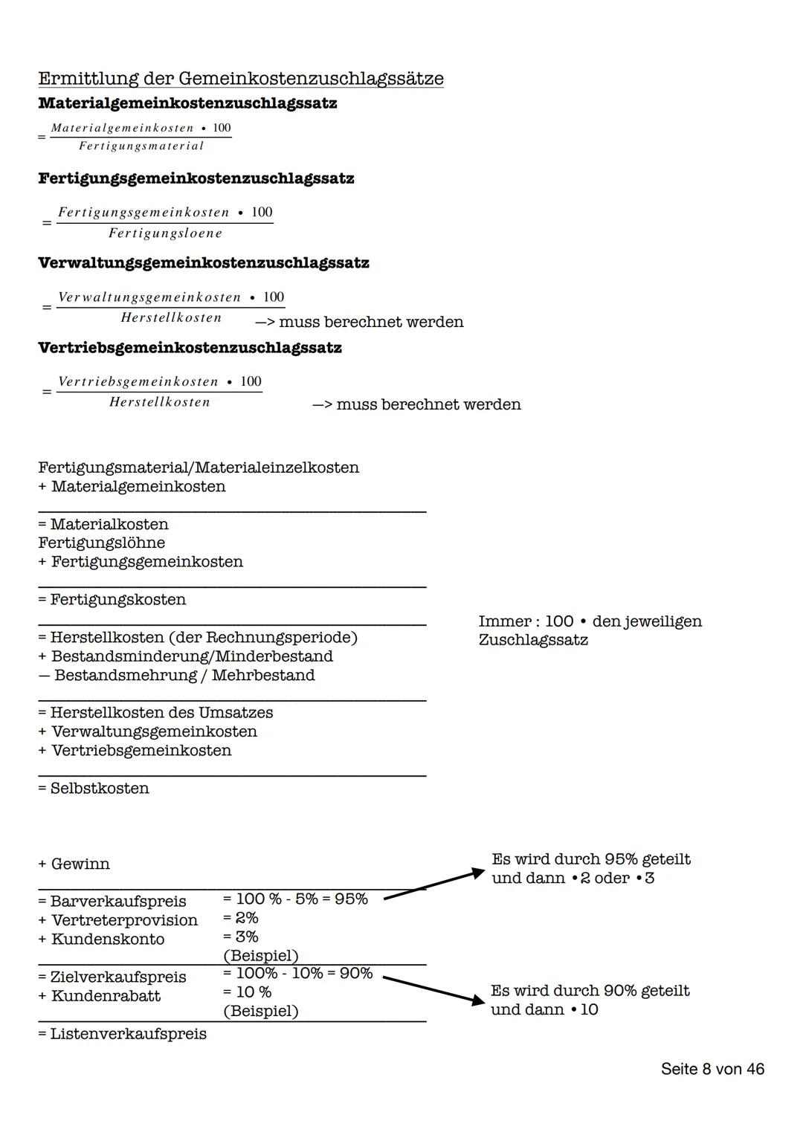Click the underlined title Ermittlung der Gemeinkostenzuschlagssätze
pos(240,79)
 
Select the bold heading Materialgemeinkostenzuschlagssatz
pos(187,103)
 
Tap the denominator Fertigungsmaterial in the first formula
pos(141,146)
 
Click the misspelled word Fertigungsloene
pos(165,233)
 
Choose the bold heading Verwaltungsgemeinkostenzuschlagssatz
pos(203,263)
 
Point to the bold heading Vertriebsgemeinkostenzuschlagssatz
pos(190,348)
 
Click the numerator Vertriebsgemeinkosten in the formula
pos(138,382)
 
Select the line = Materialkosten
pos(103,524)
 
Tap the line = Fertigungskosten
pos(112,599)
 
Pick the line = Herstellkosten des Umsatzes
pos(155,713)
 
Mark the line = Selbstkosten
pos(94,788)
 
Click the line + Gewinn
pos(74,864)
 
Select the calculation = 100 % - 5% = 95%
pos(295,899)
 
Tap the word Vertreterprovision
pos(124,920)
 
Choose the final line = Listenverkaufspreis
pos(123,1034)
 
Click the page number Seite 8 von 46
pos(712,1069)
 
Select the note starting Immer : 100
pos(590,630)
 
